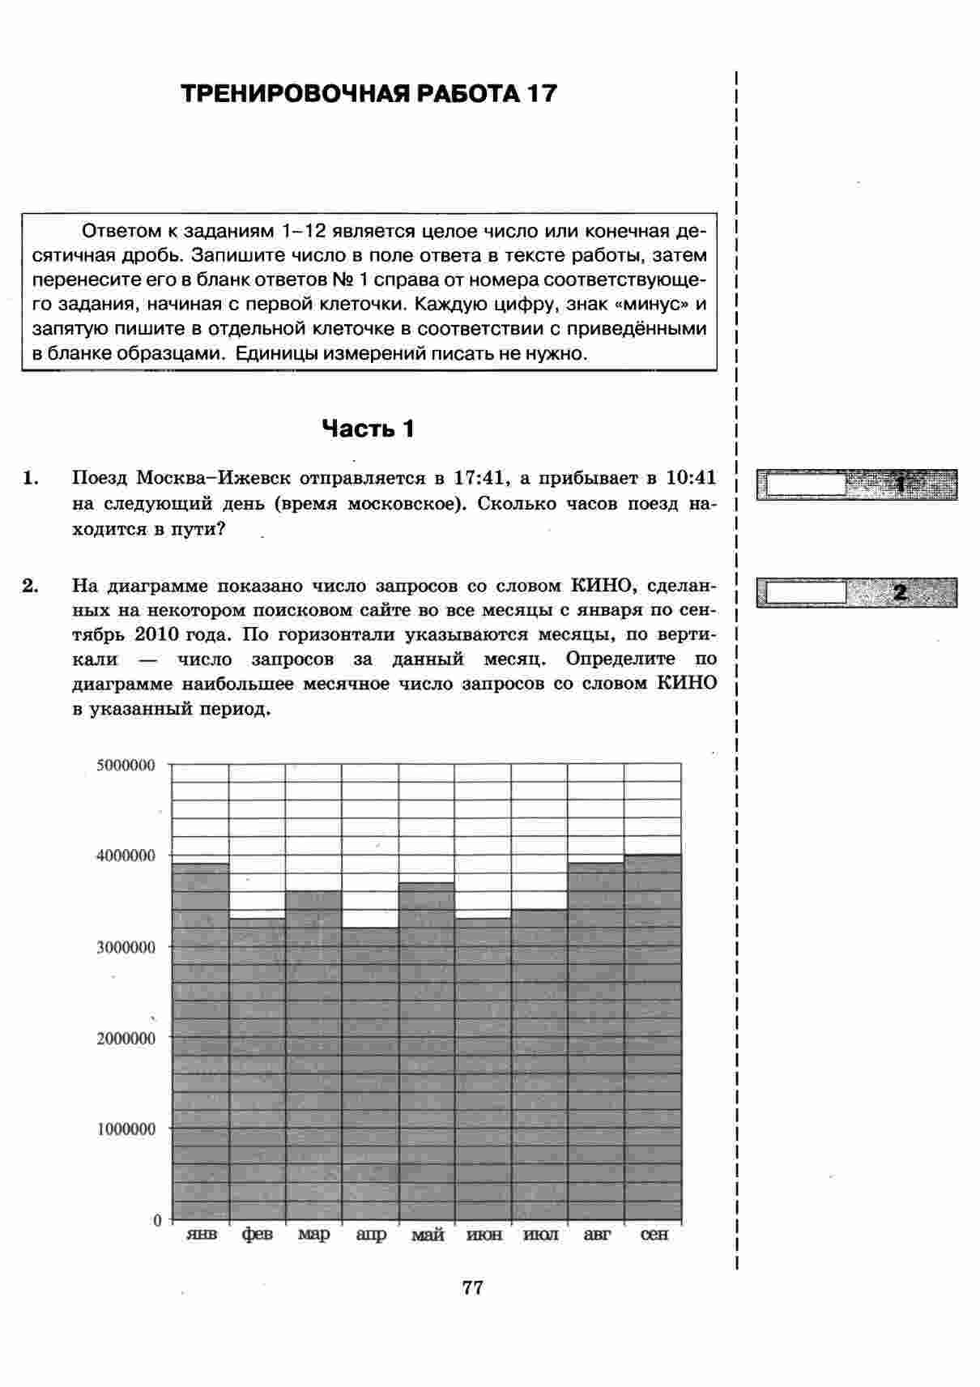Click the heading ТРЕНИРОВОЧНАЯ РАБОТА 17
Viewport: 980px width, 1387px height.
369,94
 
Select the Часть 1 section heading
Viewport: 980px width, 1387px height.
368,429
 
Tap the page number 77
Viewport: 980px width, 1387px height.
473,1287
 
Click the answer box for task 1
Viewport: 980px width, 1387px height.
805,484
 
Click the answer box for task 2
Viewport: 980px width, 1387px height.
805,592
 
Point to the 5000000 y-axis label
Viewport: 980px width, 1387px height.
126,765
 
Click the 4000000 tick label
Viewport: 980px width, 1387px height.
126,856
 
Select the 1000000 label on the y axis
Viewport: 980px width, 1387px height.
126,1129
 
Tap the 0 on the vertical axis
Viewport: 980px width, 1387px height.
158,1220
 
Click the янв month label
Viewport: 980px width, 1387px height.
201,1235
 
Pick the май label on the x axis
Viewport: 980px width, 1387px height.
427,1235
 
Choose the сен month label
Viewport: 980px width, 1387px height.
654,1235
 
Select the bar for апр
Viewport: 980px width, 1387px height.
370,1073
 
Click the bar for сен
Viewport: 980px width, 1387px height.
653,1037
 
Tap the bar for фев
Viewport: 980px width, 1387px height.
257,1069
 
